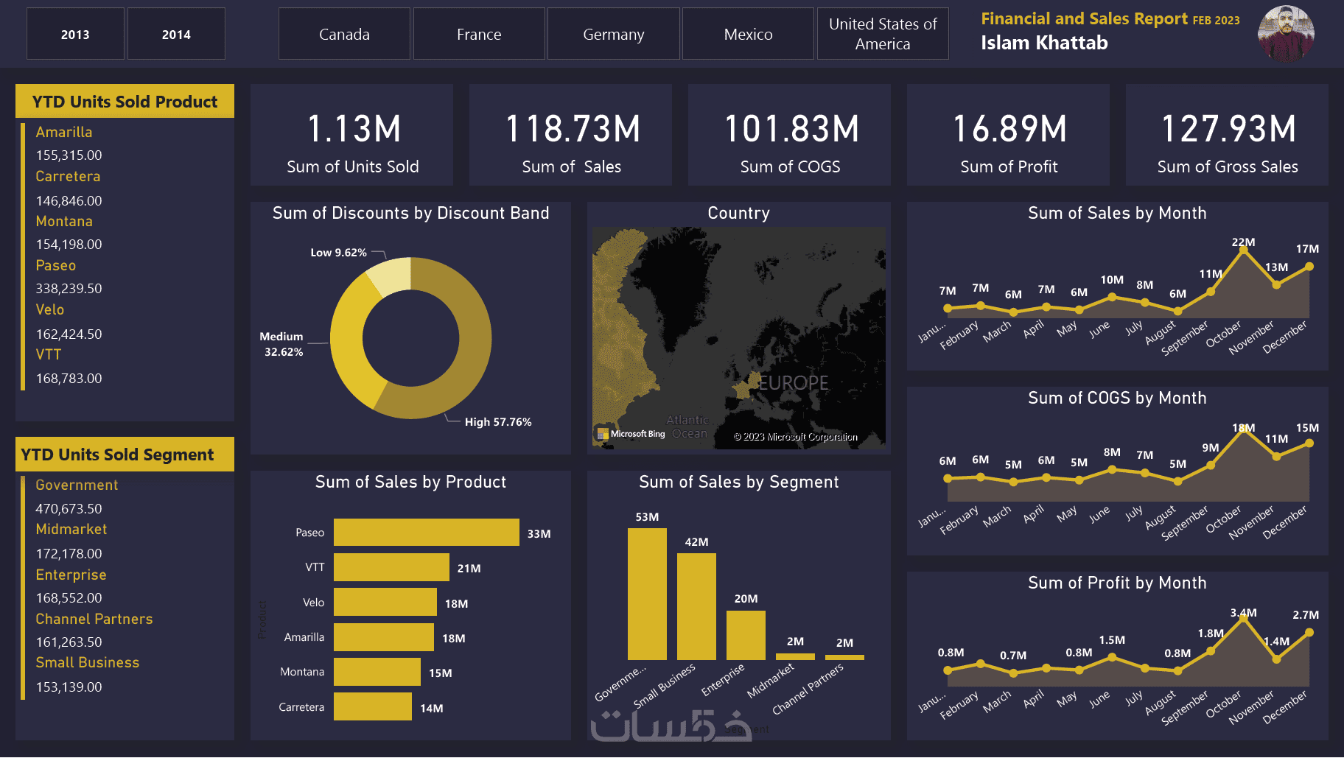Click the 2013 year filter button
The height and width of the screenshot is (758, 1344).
tap(75, 35)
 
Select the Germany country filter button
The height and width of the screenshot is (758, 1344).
tap(613, 35)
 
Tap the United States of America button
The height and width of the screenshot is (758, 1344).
tap(883, 35)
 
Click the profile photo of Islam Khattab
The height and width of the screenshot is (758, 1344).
tap(1286, 33)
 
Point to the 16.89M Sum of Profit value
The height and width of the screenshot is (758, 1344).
tap(1009, 129)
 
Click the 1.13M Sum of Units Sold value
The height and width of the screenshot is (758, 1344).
tap(353, 129)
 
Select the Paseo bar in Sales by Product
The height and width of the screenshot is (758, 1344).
tap(426, 533)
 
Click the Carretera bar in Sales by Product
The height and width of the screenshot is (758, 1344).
tap(372, 707)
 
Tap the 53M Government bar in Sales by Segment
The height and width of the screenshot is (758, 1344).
tap(647, 594)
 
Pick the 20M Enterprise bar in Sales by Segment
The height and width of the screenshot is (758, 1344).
tap(746, 635)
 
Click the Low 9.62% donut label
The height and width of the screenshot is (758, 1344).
tap(338, 253)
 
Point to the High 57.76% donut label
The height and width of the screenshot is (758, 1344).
tap(497, 422)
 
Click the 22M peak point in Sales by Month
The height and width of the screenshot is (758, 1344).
tap(1244, 250)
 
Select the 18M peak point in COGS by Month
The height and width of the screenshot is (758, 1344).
tap(1244, 429)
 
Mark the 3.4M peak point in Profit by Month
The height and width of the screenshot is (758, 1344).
tap(1244, 619)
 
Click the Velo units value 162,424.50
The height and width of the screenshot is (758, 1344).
tap(69, 334)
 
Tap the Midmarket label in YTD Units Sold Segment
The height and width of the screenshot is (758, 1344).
tap(71, 530)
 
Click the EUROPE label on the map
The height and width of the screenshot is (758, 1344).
tap(794, 383)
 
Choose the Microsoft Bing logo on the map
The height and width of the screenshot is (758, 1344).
tap(631, 434)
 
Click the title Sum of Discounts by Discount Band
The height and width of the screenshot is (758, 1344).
tap(410, 214)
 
